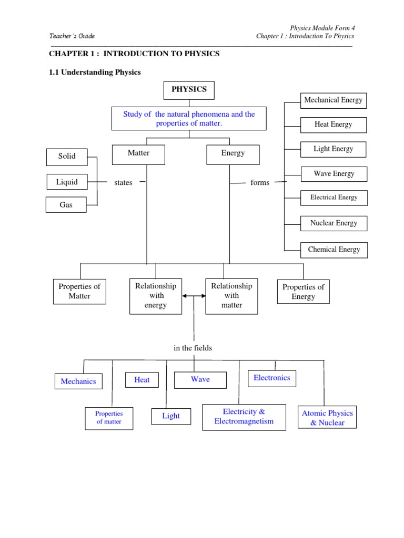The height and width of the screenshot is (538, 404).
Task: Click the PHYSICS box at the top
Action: tap(189, 90)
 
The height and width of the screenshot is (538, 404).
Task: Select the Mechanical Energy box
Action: tap(333, 100)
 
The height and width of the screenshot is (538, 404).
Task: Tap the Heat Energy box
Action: tap(333, 125)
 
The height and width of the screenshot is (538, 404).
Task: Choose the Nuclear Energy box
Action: tap(334, 223)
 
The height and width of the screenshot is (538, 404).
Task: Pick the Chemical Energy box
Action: tap(334, 250)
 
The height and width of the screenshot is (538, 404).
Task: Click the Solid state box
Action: tap(67, 156)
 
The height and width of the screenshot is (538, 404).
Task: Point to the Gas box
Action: tap(66, 205)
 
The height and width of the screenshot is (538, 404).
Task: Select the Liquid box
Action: tap(67, 182)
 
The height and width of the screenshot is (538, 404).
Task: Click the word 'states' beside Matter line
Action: tap(123, 183)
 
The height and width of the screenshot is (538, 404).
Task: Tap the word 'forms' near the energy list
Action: tap(260, 183)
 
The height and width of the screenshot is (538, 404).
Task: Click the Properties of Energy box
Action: tap(303, 292)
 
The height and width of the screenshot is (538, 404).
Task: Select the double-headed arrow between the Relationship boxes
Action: tap(194, 296)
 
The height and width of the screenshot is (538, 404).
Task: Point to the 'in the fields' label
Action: tap(193, 348)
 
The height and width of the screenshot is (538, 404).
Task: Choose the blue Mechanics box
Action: tap(78, 381)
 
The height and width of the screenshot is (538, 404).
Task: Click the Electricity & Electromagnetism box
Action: tap(244, 417)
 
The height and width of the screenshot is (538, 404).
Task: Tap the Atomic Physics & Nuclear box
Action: tap(327, 418)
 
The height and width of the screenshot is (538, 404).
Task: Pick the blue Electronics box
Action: tap(271, 378)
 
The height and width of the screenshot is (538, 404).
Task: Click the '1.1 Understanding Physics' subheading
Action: tap(95, 73)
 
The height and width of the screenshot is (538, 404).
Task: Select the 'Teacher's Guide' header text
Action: tap(72, 36)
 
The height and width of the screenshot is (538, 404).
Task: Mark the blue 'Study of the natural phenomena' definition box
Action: tap(189, 119)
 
